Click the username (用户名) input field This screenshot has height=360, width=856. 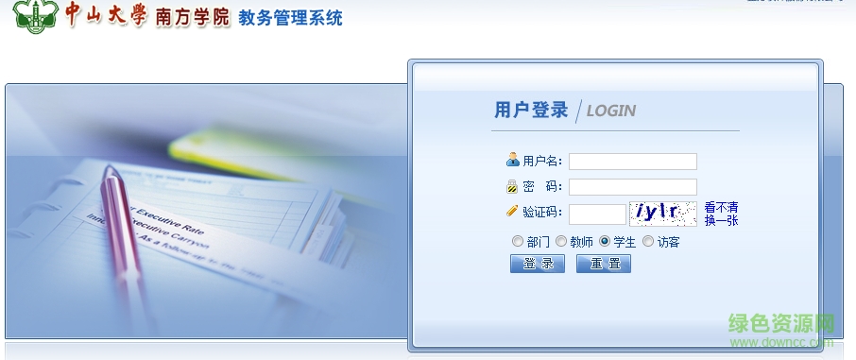[632, 162]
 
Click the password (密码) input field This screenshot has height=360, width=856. [632, 187]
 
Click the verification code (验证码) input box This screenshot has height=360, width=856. [596, 214]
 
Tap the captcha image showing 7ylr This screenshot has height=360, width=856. [665, 214]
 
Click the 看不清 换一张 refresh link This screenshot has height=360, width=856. [721, 214]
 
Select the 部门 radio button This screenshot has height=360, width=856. [517, 241]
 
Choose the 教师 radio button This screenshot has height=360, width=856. [561, 241]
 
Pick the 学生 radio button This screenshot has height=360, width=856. [605, 241]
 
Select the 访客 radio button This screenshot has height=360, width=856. [648, 241]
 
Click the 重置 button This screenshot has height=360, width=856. [603, 264]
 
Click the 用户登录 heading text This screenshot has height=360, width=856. [531, 110]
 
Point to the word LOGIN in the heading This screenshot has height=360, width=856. [610, 111]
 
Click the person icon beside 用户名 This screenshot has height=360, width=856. [512, 160]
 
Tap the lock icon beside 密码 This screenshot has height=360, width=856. [512, 186]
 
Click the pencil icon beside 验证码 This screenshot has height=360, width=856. [512, 212]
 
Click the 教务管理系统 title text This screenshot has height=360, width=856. [291, 18]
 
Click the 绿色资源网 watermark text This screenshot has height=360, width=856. [781, 323]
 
